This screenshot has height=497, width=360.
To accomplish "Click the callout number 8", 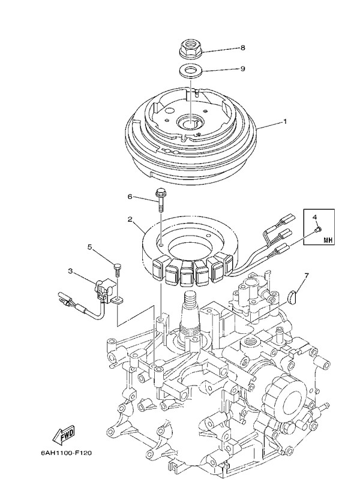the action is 242,48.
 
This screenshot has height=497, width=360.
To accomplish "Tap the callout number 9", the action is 242,69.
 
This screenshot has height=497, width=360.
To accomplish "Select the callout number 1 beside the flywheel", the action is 285,121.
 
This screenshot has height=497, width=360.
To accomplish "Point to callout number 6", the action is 130,197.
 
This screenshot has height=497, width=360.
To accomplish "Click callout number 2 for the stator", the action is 130,219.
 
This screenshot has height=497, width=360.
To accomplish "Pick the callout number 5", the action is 90,247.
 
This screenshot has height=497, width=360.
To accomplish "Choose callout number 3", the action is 70,271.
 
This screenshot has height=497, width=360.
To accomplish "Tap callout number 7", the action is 306,276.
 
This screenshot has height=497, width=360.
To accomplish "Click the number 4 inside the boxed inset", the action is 314,217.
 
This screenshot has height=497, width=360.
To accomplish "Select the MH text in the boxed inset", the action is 328,240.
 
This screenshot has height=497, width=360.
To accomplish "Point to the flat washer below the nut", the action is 190,70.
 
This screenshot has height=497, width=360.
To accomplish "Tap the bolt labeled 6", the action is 160,201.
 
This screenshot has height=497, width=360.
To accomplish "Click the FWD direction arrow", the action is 64,434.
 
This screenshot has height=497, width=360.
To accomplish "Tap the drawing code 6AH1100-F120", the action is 66,453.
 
